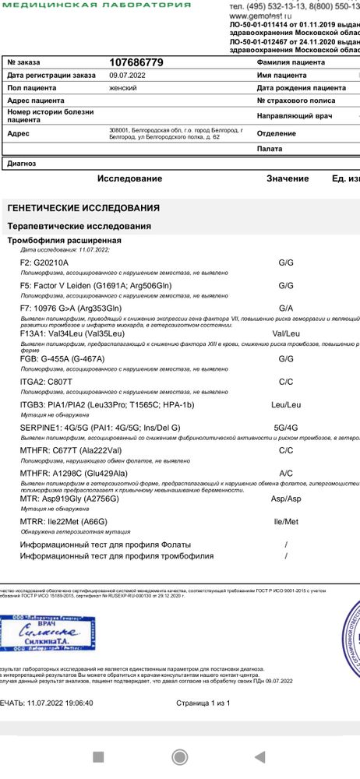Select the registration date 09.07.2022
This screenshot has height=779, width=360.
(x=124, y=76)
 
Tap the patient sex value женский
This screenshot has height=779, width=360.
(x=123, y=88)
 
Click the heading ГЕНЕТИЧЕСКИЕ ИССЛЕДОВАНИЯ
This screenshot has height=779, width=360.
(x=83, y=209)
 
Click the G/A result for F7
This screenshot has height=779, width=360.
(x=286, y=308)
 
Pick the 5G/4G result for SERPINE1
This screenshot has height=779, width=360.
(x=286, y=428)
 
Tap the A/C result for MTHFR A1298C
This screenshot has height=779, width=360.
(x=286, y=473)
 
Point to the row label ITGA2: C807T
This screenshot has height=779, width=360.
(x=46, y=382)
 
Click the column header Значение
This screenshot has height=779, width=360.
(x=288, y=179)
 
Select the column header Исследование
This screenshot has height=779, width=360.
(x=130, y=179)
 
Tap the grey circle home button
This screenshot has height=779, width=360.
(x=180, y=756)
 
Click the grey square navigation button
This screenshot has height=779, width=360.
(x=98, y=756)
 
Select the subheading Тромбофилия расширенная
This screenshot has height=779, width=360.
(x=65, y=241)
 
